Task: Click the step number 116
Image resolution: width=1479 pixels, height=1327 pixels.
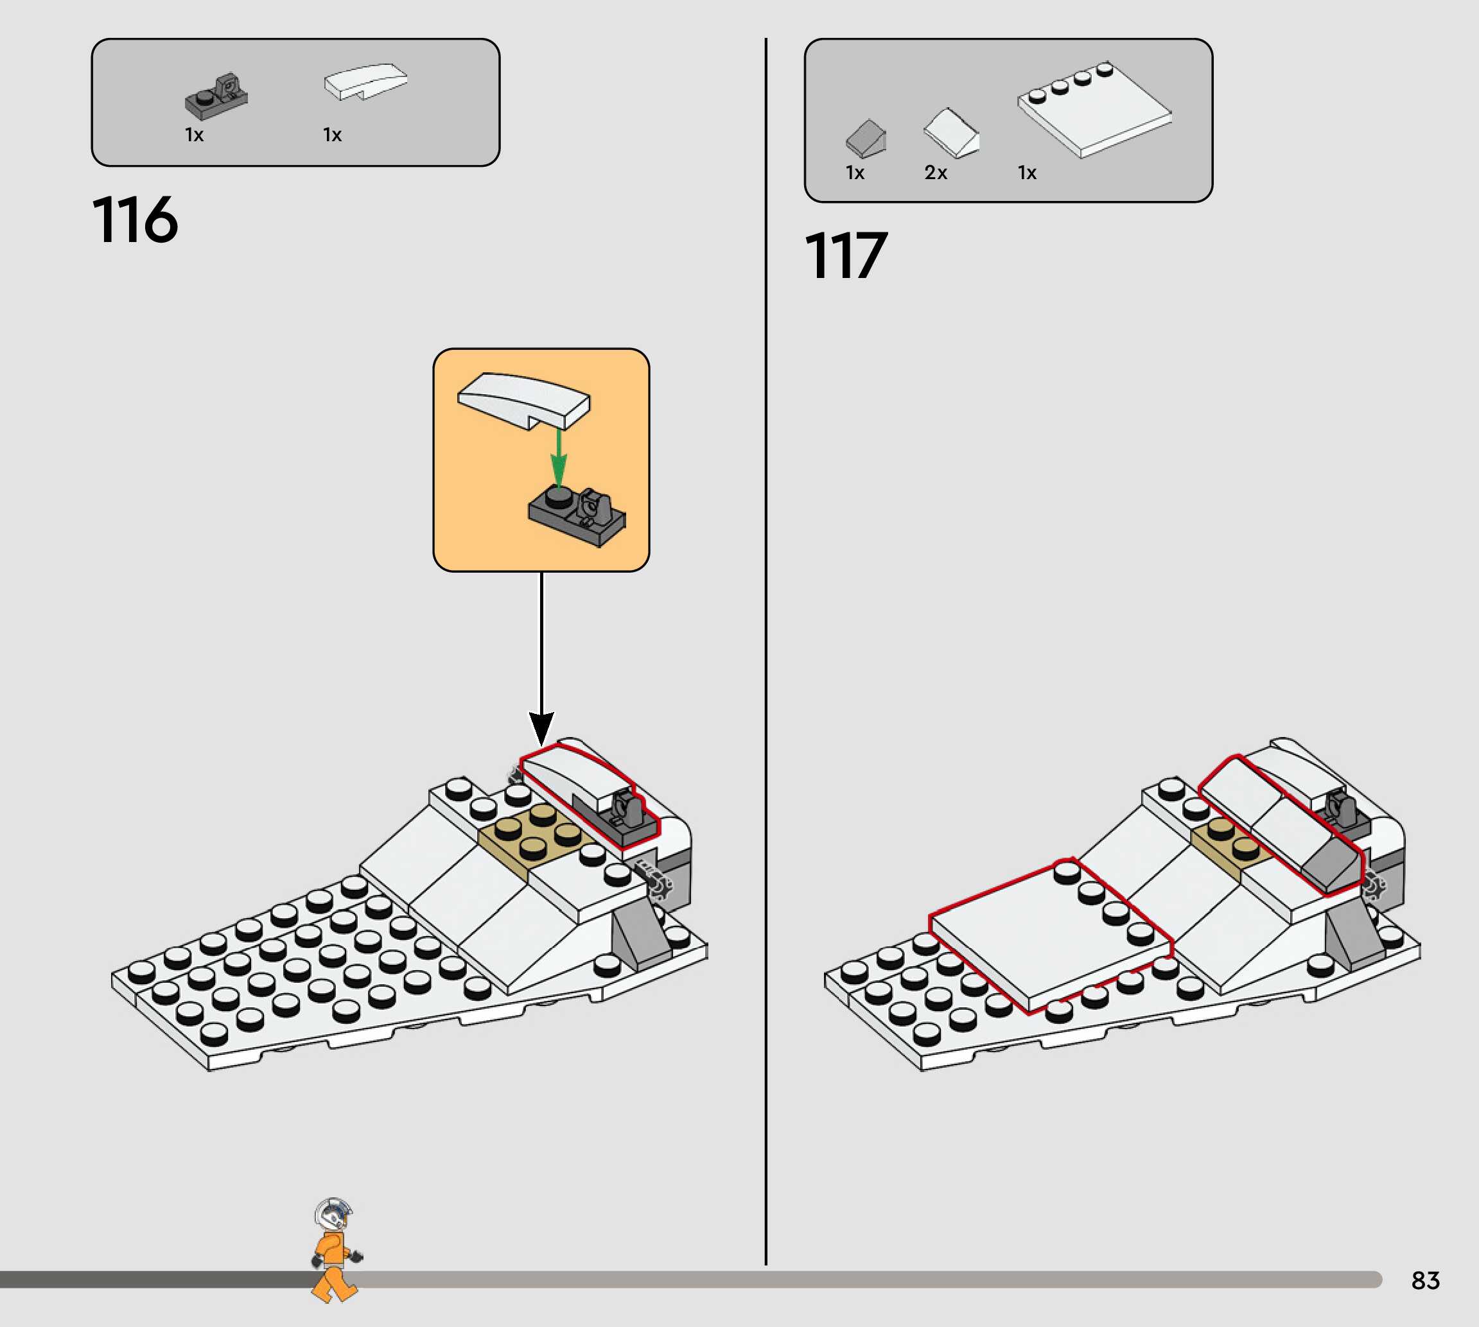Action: point(135,220)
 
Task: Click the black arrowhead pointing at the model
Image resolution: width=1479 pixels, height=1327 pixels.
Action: point(541,727)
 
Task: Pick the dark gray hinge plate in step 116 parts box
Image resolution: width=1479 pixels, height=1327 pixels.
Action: point(216,96)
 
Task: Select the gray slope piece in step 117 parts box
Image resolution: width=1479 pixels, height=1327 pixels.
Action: point(866,138)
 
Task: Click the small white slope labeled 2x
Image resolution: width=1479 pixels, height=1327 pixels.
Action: point(951,132)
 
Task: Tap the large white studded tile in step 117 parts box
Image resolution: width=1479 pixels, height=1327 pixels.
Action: point(1094,109)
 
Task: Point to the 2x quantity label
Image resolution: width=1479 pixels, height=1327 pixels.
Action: point(936,173)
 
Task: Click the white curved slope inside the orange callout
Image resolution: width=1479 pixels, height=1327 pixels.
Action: point(523,399)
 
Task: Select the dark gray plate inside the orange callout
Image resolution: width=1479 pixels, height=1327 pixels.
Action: point(576,514)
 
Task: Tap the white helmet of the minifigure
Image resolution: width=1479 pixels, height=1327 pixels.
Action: point(333,1214)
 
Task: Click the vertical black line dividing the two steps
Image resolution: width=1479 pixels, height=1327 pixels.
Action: point(766,656)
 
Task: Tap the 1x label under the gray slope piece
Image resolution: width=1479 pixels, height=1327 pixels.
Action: point(855,173)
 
